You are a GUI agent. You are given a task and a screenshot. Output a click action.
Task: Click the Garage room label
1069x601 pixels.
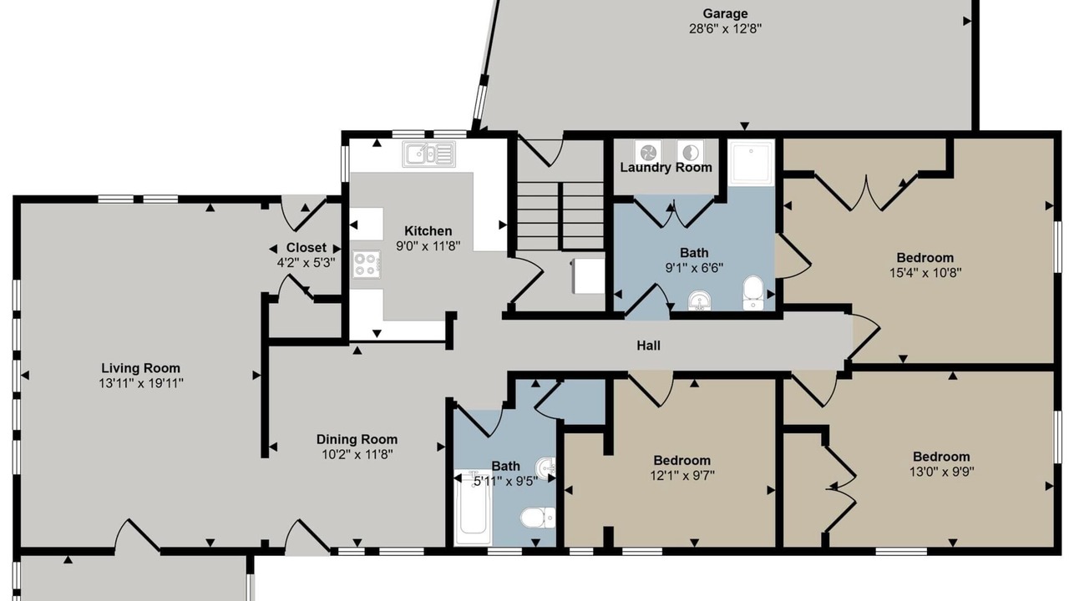click(725, 13)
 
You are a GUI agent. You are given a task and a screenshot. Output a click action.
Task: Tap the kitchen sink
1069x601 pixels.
click(428, 154)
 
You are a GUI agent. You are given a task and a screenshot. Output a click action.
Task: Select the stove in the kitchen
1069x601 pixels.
click(367, 265)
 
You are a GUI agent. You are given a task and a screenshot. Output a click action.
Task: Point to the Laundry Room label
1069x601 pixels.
click(666, 168)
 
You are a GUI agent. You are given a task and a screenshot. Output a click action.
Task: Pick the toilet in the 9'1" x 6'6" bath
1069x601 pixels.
click(753, 292)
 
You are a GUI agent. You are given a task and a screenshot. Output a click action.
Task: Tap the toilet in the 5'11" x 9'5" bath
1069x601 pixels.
click(538, 518)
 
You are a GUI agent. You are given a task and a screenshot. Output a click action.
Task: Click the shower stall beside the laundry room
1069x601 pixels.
click(751, 162)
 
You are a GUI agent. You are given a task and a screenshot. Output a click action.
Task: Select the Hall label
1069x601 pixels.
click(649, 346)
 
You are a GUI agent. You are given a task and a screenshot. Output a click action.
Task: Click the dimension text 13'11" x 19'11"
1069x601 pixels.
click(141, 383)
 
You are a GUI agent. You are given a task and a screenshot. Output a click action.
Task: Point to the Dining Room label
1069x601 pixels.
click(357, 439)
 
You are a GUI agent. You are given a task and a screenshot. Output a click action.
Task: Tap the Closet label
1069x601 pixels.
click(306, 248)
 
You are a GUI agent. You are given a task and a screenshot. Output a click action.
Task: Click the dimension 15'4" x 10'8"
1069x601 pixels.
click(925, 273)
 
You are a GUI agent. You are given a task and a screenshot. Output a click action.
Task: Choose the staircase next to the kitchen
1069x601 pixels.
click(561, 216)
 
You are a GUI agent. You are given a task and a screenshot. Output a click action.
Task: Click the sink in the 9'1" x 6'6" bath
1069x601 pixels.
click(699, 301)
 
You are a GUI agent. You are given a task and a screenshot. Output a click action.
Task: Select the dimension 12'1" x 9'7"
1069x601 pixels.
click(682, 476)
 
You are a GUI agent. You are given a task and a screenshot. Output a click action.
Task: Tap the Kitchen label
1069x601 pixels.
click(428, 231)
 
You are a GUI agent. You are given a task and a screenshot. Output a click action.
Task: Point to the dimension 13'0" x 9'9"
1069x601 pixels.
click(941, 472)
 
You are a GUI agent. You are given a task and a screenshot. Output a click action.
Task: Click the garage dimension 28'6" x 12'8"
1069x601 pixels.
click(725, 28)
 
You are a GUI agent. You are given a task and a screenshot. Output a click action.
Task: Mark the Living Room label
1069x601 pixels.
click(141, 368)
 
